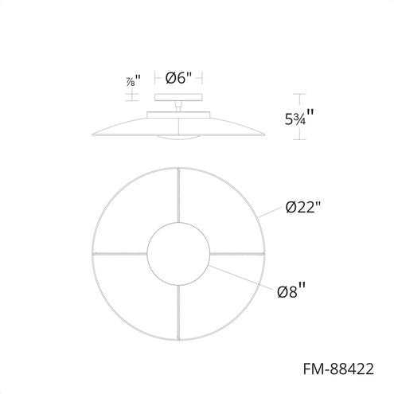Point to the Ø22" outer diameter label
click(x=303, y=209)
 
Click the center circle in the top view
click(x=178, y=254)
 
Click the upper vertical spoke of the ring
click(x=178, y=194)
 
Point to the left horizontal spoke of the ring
click(x=119, y=254)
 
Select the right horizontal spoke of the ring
click(x=237, y=254)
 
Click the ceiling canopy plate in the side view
click(x=178, y=99)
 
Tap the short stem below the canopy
click(x=178, y=107)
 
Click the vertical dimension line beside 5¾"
click(x=299, y=118)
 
